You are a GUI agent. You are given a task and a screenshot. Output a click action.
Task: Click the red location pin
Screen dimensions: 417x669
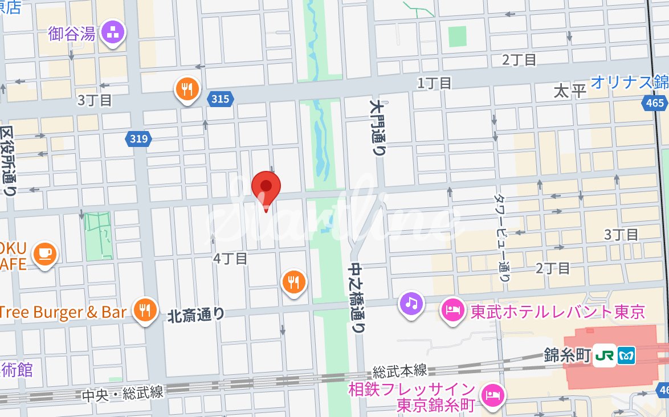266,187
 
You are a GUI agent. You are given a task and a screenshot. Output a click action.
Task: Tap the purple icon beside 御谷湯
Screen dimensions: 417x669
113,33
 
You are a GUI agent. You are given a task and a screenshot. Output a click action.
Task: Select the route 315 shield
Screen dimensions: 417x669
220,99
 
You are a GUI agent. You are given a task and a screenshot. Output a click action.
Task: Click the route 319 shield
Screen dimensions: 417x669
138,138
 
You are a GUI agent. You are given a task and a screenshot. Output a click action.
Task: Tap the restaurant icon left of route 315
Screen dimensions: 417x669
187,89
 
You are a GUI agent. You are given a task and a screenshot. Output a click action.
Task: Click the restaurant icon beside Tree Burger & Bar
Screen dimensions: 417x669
145,310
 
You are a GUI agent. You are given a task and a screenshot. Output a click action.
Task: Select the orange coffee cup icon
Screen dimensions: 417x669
44,252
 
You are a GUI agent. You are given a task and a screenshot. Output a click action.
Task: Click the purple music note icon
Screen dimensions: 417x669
412,302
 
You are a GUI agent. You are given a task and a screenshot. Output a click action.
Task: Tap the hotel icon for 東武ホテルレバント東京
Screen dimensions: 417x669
452,311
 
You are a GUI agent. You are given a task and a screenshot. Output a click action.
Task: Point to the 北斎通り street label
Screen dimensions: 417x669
196,314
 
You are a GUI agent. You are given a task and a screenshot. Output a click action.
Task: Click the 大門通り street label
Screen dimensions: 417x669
377,129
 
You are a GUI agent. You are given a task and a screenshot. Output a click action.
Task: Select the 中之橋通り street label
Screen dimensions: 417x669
357,298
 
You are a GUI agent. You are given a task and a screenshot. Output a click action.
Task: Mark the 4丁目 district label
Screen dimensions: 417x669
230,258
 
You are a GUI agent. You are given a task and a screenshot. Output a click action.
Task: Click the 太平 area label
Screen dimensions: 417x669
570,90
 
